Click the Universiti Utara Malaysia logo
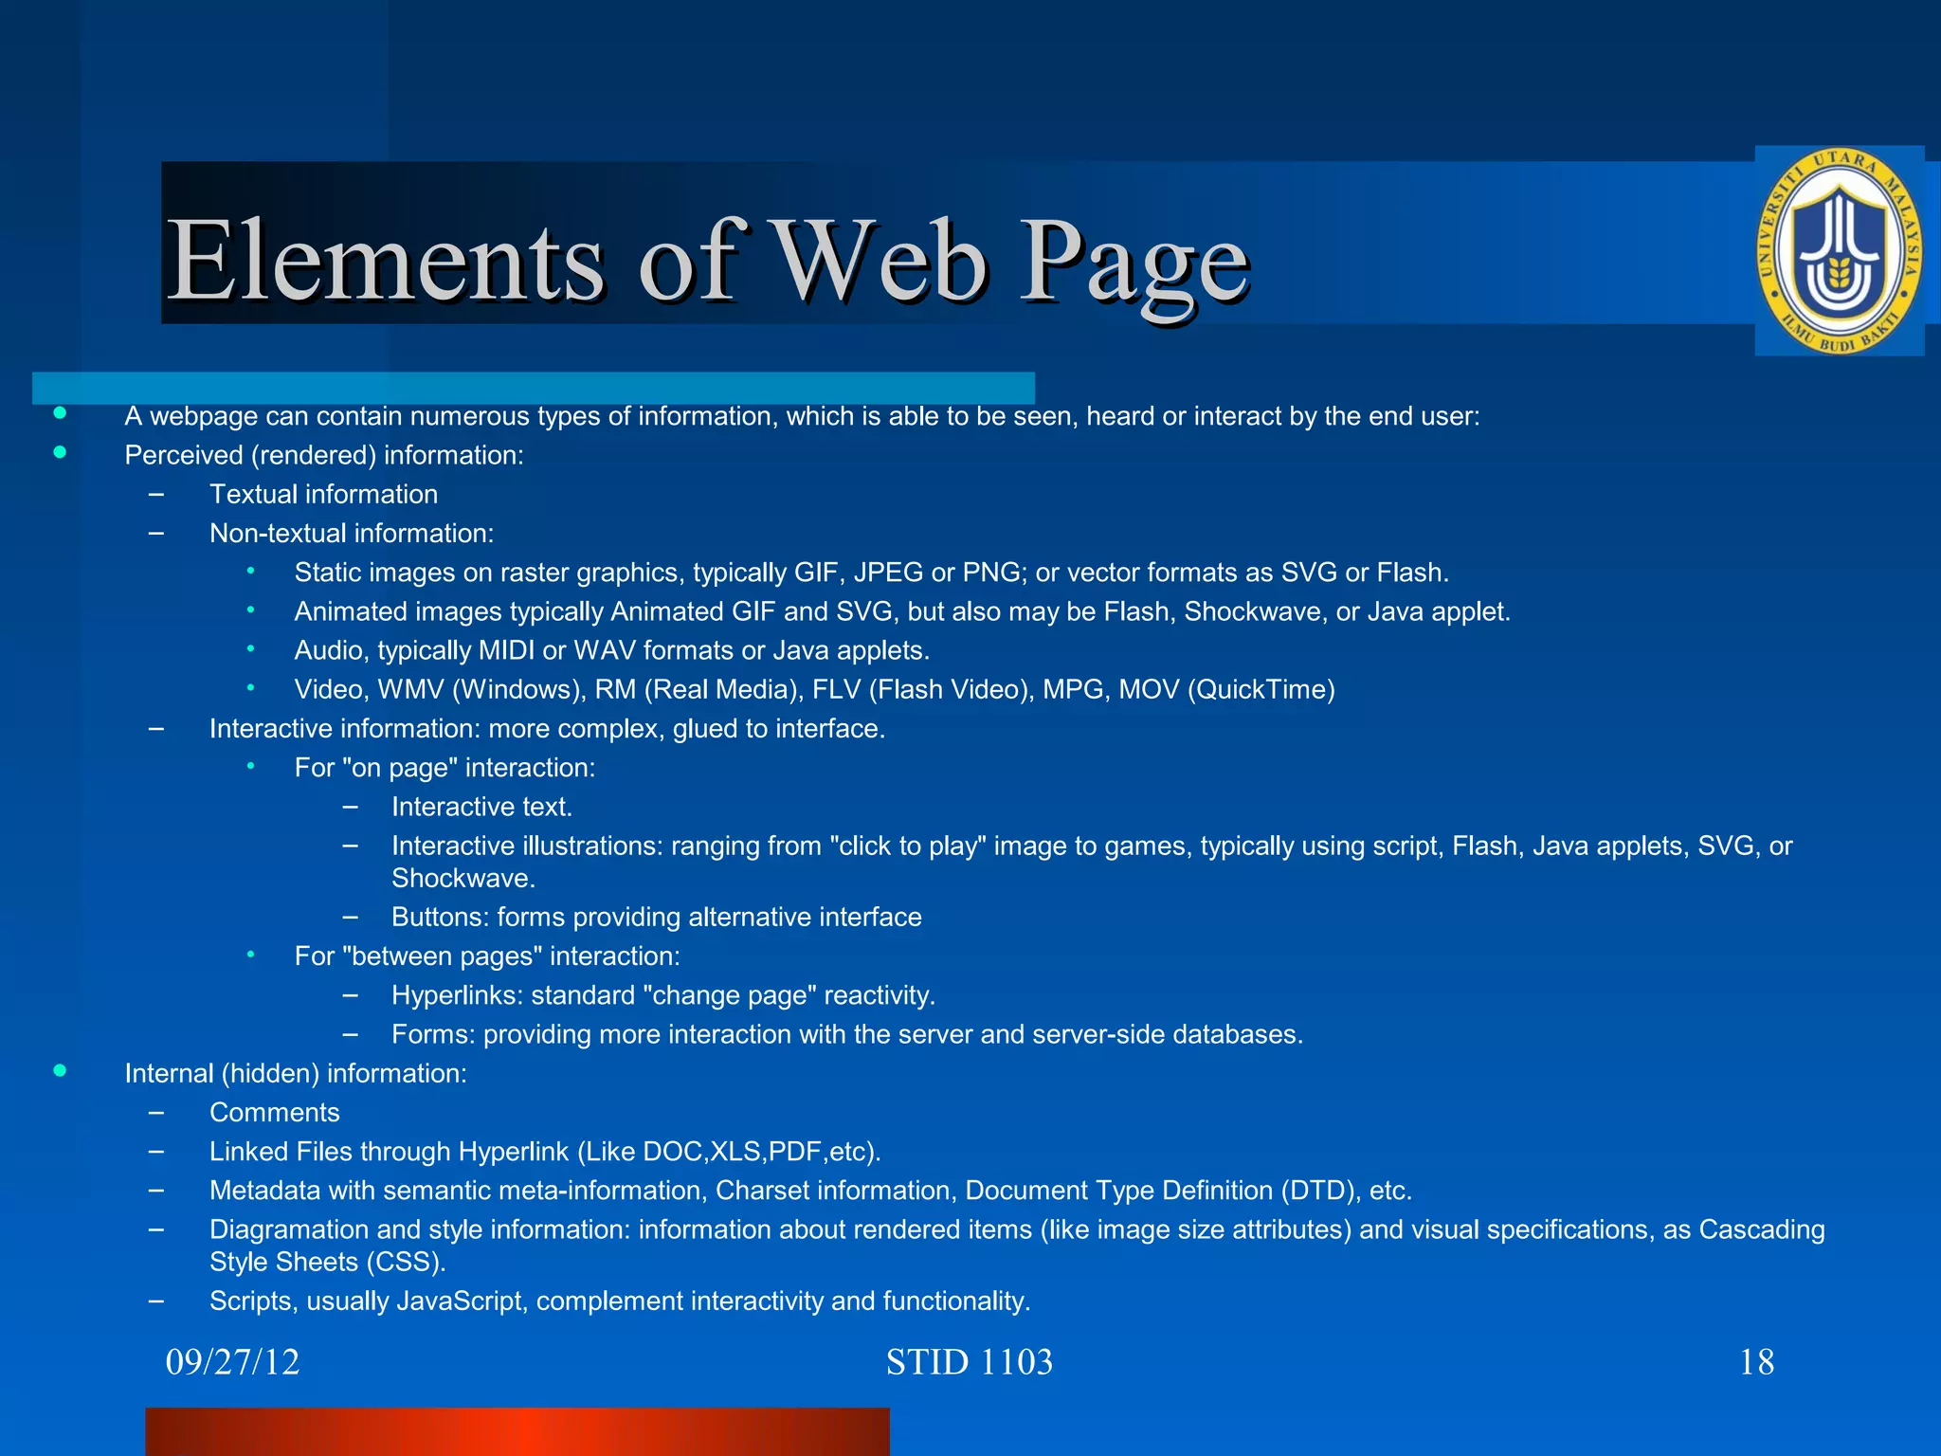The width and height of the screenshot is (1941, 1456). pyautogui.click(x=1838, y=251)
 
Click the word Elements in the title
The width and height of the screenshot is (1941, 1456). pyautogui.click(x=385, y=261)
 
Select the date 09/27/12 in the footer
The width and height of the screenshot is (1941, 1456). pyautogui.click(x=232, y=1362)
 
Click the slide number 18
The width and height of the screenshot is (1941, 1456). pyautogui.click(x=1756, y=1362)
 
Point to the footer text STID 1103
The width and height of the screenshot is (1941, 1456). pyautogui.click(x=969, y=1362)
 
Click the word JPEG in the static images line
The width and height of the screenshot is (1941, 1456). pyautogui.click(x=888, y=573)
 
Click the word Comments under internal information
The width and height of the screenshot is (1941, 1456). pyautogui.click(x=274, y=1112)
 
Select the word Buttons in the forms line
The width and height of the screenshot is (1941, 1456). pyautogui.click(x=440, y=917)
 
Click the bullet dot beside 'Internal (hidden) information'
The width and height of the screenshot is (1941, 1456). pyautogui.click(x=60, y=1071)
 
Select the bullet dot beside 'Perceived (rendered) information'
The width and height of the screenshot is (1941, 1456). pyautogui.click(x=60, y=453)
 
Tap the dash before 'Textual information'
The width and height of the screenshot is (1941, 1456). pyautogui.click(x=156, y=494)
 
